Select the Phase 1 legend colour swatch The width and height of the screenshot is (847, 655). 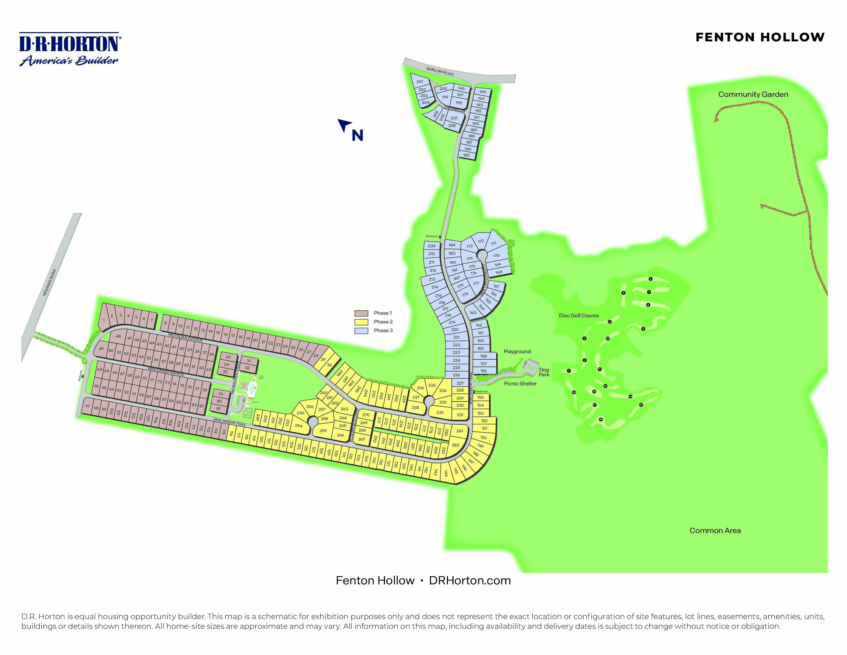point(361,313)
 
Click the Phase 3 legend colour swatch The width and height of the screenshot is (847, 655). point(361,331)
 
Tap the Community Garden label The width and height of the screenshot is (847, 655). point(753,94)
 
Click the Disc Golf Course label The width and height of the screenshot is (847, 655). point(579,315)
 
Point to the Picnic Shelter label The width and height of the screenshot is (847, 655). point(520,383)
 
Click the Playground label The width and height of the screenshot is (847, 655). point(517,352)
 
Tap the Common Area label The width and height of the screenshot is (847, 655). point(715,530)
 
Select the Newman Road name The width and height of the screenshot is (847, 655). point(49,283)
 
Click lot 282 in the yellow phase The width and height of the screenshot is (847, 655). point(455,445)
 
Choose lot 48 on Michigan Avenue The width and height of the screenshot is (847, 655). point(118,336)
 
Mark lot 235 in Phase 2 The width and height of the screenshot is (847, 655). point(432,385)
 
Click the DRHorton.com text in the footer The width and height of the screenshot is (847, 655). point(470,581)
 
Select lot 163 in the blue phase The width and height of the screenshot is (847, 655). point(473,312)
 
